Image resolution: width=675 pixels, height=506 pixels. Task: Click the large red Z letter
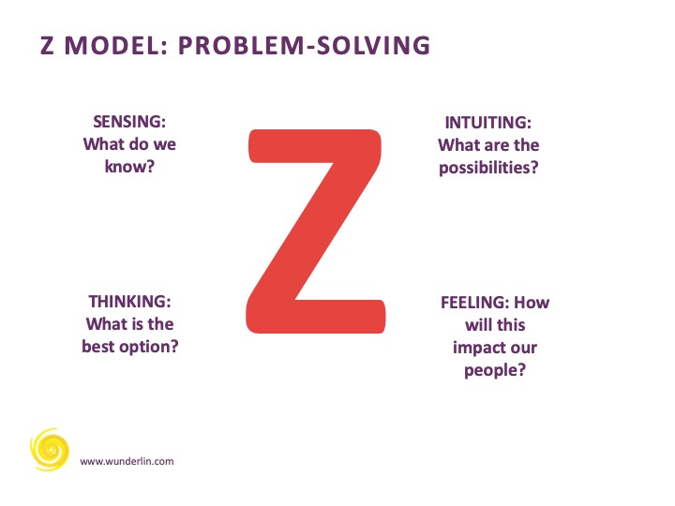316,231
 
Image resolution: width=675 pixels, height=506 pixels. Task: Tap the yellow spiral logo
50,450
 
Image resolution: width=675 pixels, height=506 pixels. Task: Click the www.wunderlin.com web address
127,461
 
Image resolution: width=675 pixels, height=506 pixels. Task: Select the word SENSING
129,122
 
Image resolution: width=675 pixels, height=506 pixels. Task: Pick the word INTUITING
487,123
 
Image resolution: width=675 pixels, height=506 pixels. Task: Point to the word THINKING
129,302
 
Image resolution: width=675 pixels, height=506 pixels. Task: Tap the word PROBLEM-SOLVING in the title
304,45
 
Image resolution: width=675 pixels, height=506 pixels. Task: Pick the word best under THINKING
98,347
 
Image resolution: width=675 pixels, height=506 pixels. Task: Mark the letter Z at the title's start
48,45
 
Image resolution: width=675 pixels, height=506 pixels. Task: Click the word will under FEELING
476,325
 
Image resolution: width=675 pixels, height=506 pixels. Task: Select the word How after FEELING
532,303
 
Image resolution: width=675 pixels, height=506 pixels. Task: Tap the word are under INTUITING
491,145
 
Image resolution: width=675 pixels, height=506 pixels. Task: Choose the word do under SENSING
139,143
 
